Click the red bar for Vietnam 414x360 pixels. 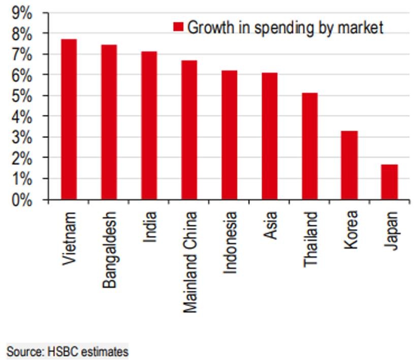69,119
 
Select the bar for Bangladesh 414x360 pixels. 109,122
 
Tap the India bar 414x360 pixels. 149,126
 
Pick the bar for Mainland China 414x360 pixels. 189,130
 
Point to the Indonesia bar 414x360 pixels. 230,135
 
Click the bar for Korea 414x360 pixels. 349,165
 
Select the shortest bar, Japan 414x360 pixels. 390,182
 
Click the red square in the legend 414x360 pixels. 178,27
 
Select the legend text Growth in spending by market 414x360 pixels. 285,27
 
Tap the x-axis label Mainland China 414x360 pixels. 189,262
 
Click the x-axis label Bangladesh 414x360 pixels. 109,250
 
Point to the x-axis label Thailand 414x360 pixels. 310,239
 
